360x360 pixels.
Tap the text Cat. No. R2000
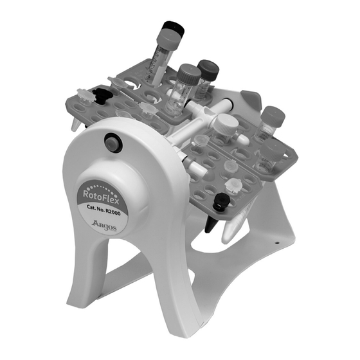pyautogui.click(x=104, y=210)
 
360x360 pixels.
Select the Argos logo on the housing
pyautogui.click(x=104, y=225)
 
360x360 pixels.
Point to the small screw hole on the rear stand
pyautogui.click(x=277, y=242)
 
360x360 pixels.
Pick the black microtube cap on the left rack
pyautogui.click(x=100, y=95)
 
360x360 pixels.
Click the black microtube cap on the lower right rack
pyautogui.click(x=221, y=202)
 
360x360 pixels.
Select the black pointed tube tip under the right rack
pyautogui.click(x=210, y=224)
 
